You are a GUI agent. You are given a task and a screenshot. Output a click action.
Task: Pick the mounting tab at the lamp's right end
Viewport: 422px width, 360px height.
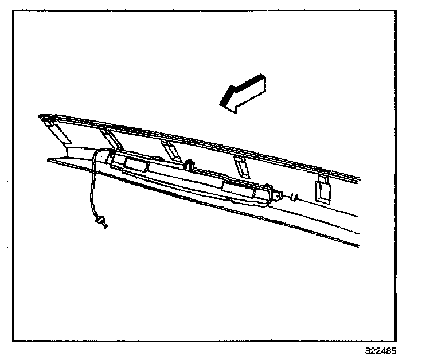275,196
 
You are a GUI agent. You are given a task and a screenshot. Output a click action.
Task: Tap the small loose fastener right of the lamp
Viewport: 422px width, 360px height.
294,197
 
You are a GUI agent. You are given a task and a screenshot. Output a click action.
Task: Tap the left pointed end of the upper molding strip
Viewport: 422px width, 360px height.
41,116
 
